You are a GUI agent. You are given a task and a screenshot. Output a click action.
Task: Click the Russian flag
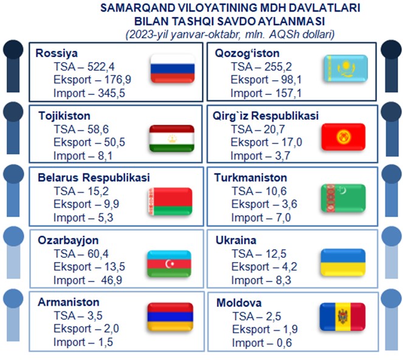pyautogui.click(x=173, y=69)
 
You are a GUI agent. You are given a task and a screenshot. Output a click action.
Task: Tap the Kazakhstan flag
pyautogui.click(x=346, y=68)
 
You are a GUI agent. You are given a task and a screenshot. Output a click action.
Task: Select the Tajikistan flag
pyautogui.click(x=171, y=138)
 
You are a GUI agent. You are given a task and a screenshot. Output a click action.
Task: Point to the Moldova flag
pyautogui.click(x=343, y=317)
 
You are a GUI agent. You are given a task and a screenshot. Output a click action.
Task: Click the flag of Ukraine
pyautogui.click(x=343, y=262)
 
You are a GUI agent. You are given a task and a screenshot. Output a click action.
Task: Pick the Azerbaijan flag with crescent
pyautogui.click(x=169, y=263)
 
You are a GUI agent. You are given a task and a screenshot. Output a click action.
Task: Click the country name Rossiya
pyautogui.click(x=57, y=54)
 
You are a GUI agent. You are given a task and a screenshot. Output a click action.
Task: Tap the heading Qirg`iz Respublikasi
pyautogui.click(x=266, y=116)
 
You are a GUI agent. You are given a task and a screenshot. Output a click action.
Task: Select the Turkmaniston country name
pyautogui.click(x=250, y=178)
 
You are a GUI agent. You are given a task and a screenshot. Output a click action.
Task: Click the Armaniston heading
pyautogui.click(x=68, y=302)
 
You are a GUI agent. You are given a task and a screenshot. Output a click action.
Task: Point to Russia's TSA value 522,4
pyautogui.click(x=101, y=67)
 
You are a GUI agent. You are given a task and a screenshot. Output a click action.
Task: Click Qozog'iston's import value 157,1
pyautogui.click(x=288, y=93)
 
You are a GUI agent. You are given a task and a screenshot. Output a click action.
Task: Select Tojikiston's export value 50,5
pyautogui.click(x=114, y=142)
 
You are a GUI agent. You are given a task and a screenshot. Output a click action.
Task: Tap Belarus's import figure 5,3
pyautogui.click(x=105, y=218)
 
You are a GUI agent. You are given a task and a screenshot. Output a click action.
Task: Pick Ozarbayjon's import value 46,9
pyautogui.click(x=111, y=280)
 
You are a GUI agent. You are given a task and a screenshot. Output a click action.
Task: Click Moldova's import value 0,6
pyautogui.click(x=284, y=343)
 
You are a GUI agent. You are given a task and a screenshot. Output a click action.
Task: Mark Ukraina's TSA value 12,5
pyautogui.click(x=276, y=254)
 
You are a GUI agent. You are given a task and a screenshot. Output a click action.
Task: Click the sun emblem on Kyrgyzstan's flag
pyautogui.click(x=343, y=137)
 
